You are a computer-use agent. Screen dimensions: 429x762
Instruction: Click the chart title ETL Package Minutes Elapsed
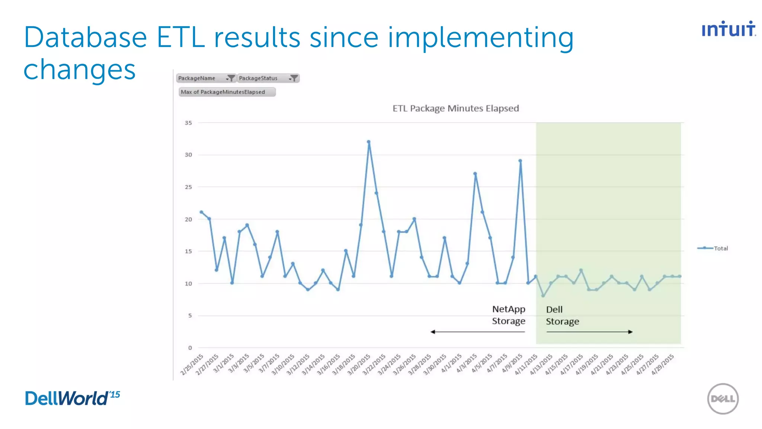coord(455,108)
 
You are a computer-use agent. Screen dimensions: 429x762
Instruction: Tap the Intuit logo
coord(728,29)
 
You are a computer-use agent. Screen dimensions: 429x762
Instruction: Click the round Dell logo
coord(723,399)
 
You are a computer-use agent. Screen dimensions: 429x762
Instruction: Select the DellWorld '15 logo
coord(73,398)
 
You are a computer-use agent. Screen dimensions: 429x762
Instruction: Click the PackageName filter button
coord(206,78)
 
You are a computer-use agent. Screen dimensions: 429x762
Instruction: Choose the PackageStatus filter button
coord(268,78)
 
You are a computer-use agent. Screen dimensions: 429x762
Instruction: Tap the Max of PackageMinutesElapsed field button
coord(227,92)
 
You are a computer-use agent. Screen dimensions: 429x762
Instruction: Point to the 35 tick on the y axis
coord(189,123)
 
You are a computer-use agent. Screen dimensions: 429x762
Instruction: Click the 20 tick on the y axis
coord(189,219)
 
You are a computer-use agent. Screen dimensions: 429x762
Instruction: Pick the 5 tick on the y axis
coord(190,316)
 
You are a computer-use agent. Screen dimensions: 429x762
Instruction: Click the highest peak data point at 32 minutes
coord(368,142)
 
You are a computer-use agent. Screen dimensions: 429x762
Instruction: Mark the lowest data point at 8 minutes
coord(543,296)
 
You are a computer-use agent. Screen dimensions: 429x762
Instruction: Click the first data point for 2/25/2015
coord(201,212)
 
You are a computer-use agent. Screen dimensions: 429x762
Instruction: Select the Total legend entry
coord(713,248)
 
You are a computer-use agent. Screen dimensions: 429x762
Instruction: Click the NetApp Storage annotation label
coord(509,315)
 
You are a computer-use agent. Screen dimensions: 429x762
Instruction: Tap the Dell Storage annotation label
coord(562,315)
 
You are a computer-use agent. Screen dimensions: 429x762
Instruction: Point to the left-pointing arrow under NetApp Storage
coord(477,332)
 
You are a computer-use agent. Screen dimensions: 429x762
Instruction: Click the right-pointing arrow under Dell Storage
coord(589,332)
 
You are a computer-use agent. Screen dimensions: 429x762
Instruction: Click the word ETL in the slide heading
coord(181,37)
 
